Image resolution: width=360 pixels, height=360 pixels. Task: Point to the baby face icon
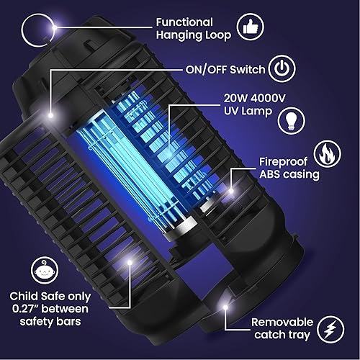pos(49,270)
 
